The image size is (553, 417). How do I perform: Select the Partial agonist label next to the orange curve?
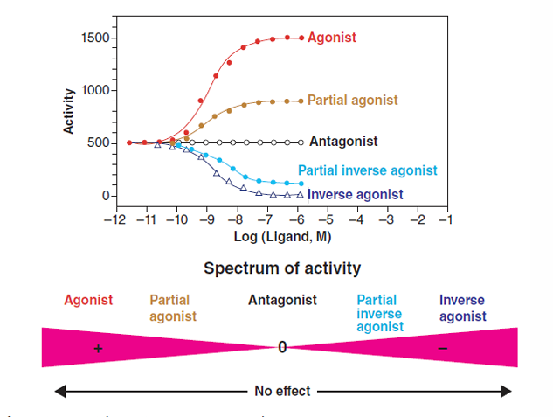pos(352,101)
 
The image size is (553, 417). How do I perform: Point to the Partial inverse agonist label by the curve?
pos(367,170)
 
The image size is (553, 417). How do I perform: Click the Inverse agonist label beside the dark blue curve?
pos(356,194)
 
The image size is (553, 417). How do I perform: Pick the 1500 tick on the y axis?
pos(94,38)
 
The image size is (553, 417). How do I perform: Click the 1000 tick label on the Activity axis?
pos(94,91)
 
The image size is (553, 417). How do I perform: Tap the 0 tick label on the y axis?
pos(105,196)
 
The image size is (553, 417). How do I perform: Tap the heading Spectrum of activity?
pos(281,268)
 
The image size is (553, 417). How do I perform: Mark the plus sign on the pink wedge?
pos(98,348)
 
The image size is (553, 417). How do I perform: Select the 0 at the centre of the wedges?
pos(281,348)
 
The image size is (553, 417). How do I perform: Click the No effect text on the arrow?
pos(281,391)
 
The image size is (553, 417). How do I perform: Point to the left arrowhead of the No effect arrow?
pos(58,391)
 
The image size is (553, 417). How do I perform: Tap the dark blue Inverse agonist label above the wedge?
pos(461,307)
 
